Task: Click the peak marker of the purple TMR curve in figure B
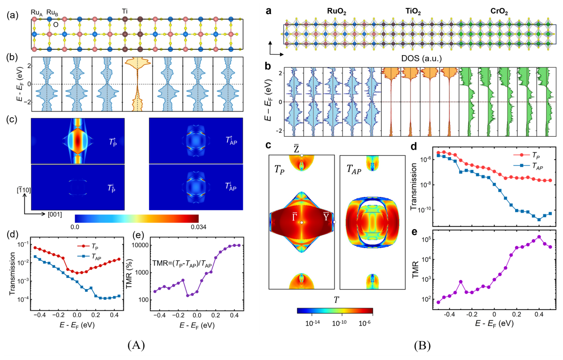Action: (539, 237)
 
